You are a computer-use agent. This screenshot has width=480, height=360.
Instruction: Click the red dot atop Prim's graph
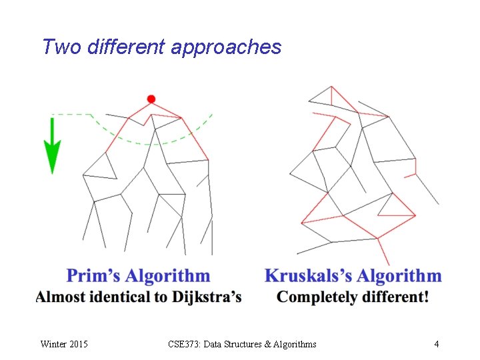151,99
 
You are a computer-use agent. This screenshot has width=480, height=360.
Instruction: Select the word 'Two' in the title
57,47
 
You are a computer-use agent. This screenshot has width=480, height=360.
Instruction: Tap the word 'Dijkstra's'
207,297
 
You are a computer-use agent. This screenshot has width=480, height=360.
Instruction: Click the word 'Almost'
61,297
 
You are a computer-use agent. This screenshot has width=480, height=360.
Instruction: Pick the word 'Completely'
317,297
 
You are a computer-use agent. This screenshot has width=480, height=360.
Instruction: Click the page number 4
436,344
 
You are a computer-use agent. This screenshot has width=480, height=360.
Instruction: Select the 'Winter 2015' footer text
64,344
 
